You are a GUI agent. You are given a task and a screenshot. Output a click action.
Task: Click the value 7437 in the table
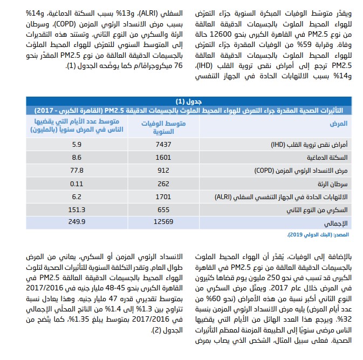click(162, 145)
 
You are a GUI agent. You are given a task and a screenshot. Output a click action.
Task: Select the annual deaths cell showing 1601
click(162, 157)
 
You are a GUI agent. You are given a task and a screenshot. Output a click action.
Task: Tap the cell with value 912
click(162, 170)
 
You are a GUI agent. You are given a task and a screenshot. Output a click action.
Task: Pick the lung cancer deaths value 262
click(162, 183)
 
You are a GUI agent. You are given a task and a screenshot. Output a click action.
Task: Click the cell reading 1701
click(162, 196)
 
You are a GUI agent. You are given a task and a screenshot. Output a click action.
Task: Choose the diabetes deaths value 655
click(162, 209)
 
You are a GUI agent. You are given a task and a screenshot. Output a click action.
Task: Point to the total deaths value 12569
click(162, 221)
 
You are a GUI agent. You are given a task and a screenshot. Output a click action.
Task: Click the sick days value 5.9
click(76, 145)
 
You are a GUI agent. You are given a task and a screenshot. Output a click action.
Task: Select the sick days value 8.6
click(76, 157)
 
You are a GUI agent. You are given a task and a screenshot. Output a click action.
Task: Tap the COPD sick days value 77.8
click(76, 170)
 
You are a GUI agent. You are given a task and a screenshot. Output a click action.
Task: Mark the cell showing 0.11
click(76, 183)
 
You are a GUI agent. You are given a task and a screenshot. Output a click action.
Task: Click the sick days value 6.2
click(76, 196)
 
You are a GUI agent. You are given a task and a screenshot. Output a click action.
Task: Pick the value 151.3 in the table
click(76, 209)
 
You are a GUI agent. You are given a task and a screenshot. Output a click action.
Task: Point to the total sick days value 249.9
click(76, 221)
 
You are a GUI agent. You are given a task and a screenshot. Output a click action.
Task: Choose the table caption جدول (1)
click(189, 101)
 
